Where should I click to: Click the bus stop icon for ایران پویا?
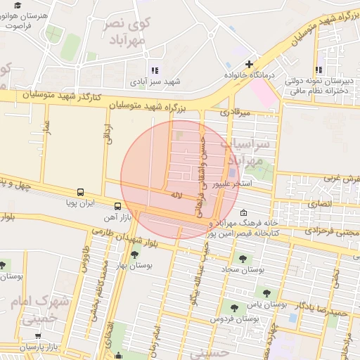pos(81,192)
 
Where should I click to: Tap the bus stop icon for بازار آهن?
pos(117,207)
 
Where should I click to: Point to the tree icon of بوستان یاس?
pos(266,293)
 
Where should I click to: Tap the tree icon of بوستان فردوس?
pos(233,307)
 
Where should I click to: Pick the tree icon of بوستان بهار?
pos(134,247)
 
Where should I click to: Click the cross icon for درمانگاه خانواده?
pos(248,65)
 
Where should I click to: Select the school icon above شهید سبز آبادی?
pos(155,70)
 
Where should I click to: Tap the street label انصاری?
pos(320,203)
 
